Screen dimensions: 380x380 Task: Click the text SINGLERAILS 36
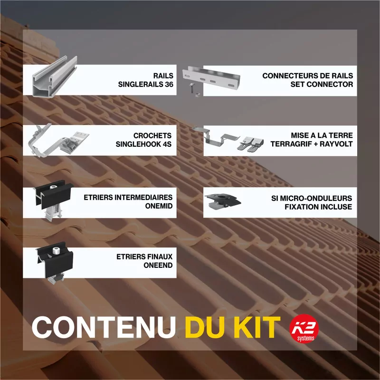click(146, 85)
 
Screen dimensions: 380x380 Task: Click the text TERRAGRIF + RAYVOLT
click(312, 143)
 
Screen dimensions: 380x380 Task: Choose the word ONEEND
click(158, 266)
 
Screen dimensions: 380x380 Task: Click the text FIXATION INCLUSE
click(318, 207)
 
